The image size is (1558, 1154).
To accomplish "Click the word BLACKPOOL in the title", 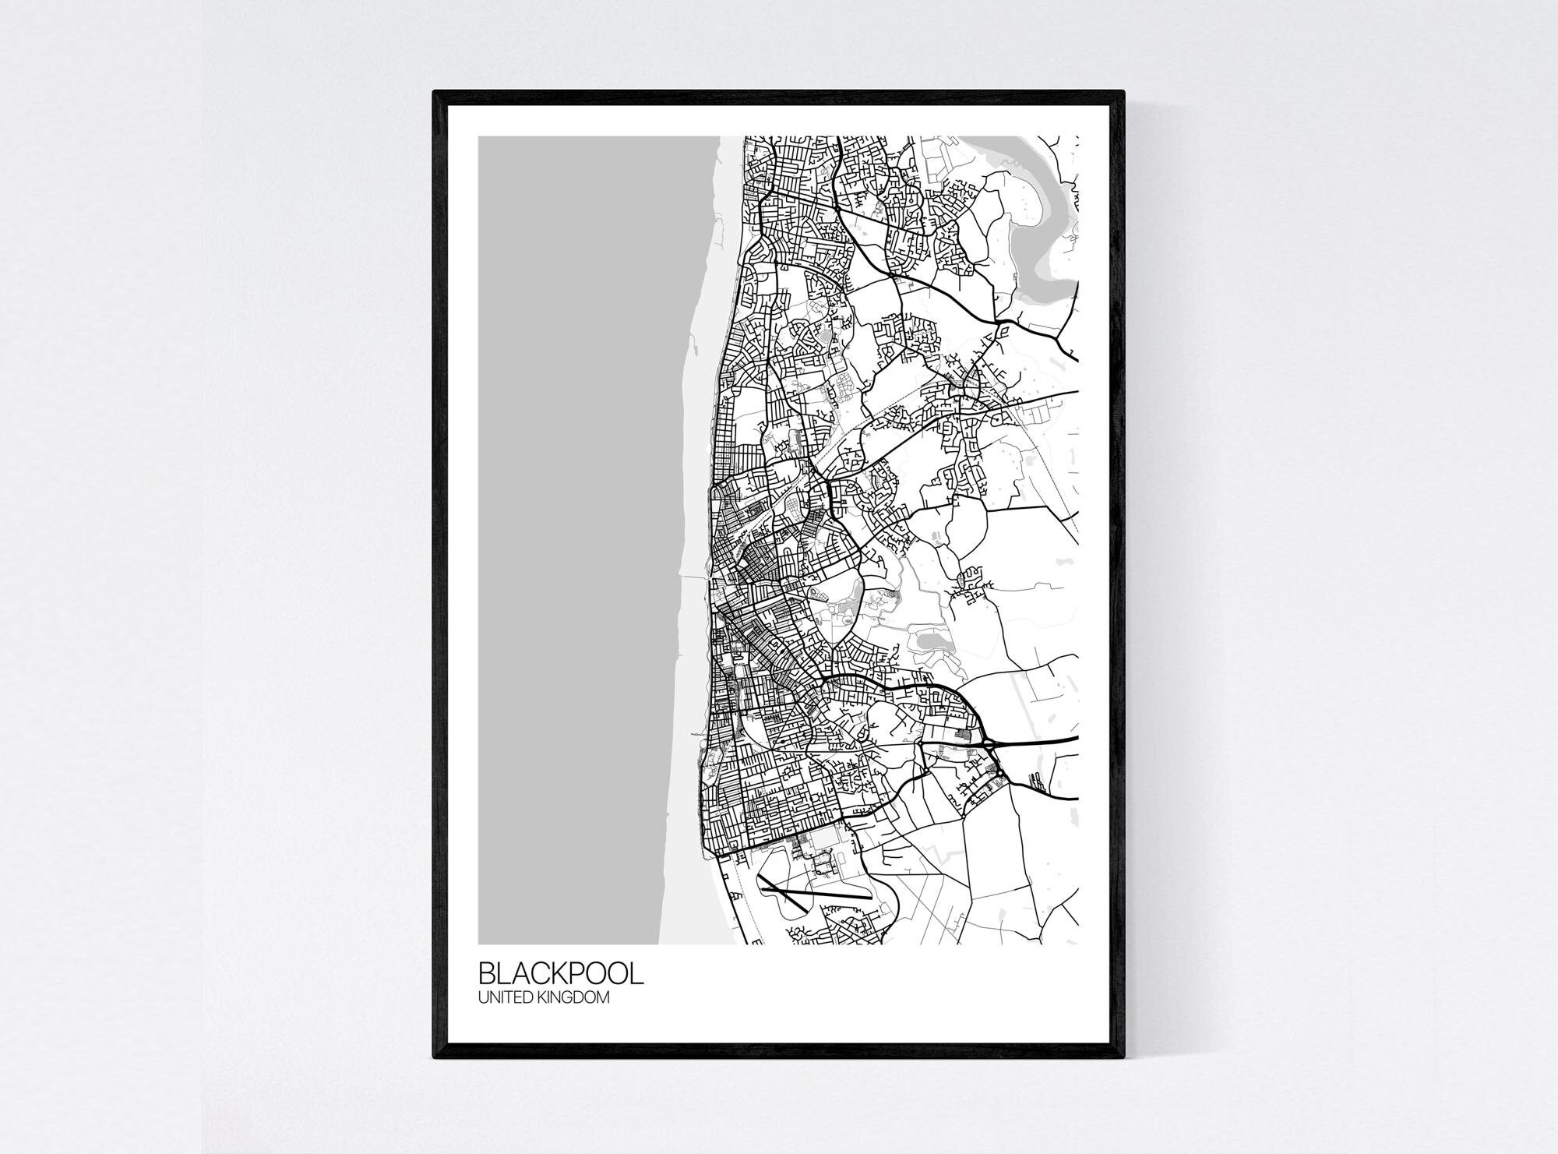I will click(561, 974).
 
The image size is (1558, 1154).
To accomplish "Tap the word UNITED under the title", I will click(505, 997).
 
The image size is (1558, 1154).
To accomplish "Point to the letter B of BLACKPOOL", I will click(487, 974).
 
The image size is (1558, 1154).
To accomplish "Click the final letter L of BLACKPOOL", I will click(637, 974).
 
